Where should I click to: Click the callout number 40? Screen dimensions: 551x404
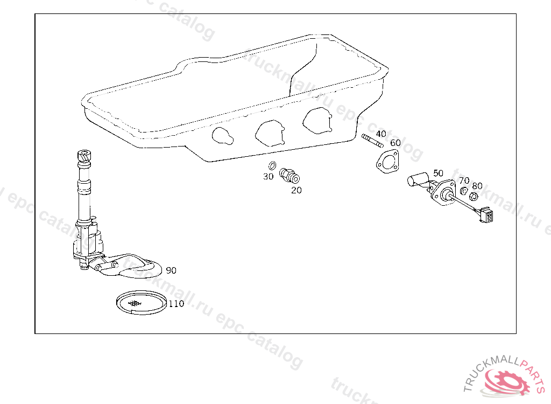(381, 134)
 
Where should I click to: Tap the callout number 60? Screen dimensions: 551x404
(395, 143)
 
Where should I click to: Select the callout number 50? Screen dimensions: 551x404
(438, 173)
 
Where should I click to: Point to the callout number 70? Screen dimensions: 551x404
(464, 180)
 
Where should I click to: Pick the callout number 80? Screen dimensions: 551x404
(477, 186)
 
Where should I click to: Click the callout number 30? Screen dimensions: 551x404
(268, 177)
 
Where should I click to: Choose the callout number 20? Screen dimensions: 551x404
(296, 190)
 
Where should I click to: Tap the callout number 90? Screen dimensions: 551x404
(171, 270)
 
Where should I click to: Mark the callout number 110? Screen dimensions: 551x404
(176, 304)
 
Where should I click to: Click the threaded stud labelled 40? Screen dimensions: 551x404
(372, 141)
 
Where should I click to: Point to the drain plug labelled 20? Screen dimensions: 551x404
(289, 176)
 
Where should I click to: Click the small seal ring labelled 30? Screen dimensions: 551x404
(272, 165)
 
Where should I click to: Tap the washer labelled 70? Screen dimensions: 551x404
(464, 191)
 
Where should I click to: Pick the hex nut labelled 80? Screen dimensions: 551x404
(474, 196)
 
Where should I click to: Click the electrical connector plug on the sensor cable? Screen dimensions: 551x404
(486, 214)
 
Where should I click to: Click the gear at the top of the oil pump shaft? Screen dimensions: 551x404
(84, 156)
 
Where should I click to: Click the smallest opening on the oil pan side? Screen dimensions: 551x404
(222, 136)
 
